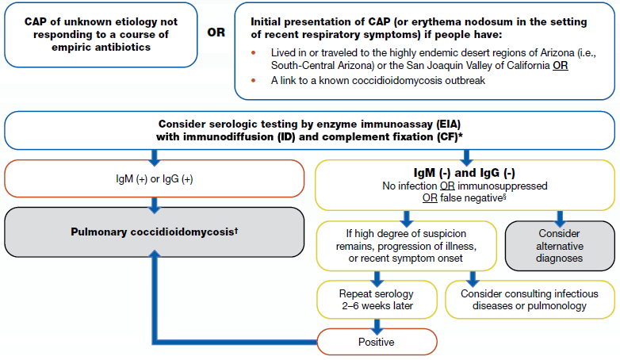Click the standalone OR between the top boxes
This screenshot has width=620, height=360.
point(216,34)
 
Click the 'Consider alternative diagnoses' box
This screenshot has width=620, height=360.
point(560,247)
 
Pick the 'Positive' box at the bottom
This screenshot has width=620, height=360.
point(378,342)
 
